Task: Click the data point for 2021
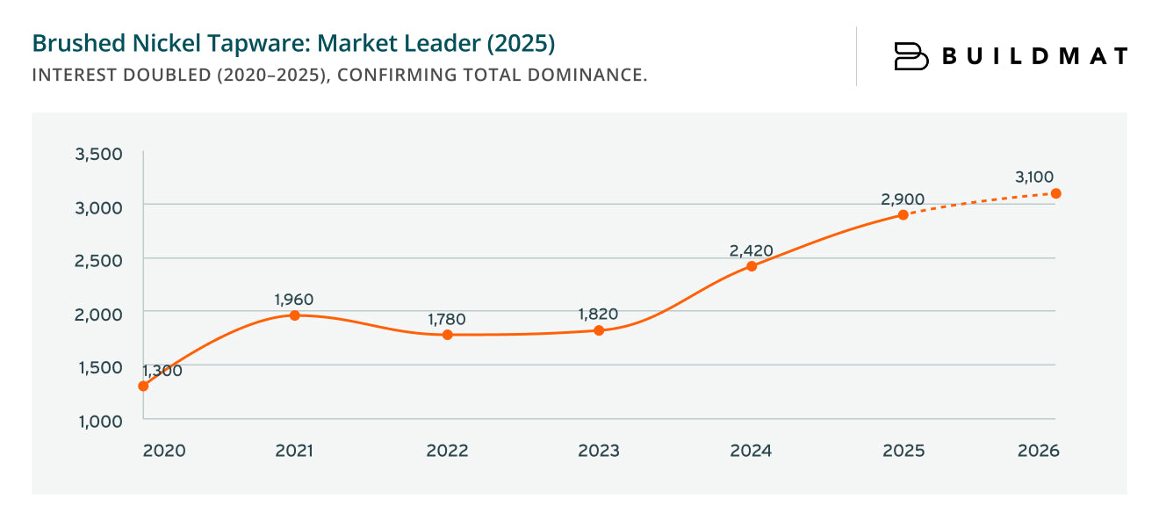[295, 315]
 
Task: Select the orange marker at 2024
[752, 266]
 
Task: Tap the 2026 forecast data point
[1056, 193]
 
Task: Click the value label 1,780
[447, 319]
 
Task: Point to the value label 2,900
[903, 199]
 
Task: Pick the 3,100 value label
[1034, 177]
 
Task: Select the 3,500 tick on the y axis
[98, 155]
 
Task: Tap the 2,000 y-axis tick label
[98, 314]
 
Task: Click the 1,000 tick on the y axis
[98, 421]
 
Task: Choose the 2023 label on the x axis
[599, 451]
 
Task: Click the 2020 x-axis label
[164, 451]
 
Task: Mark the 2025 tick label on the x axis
[903, 451]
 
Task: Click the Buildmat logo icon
[911, 56]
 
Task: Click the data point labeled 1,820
[599, 330]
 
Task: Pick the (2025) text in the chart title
[522, 43]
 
